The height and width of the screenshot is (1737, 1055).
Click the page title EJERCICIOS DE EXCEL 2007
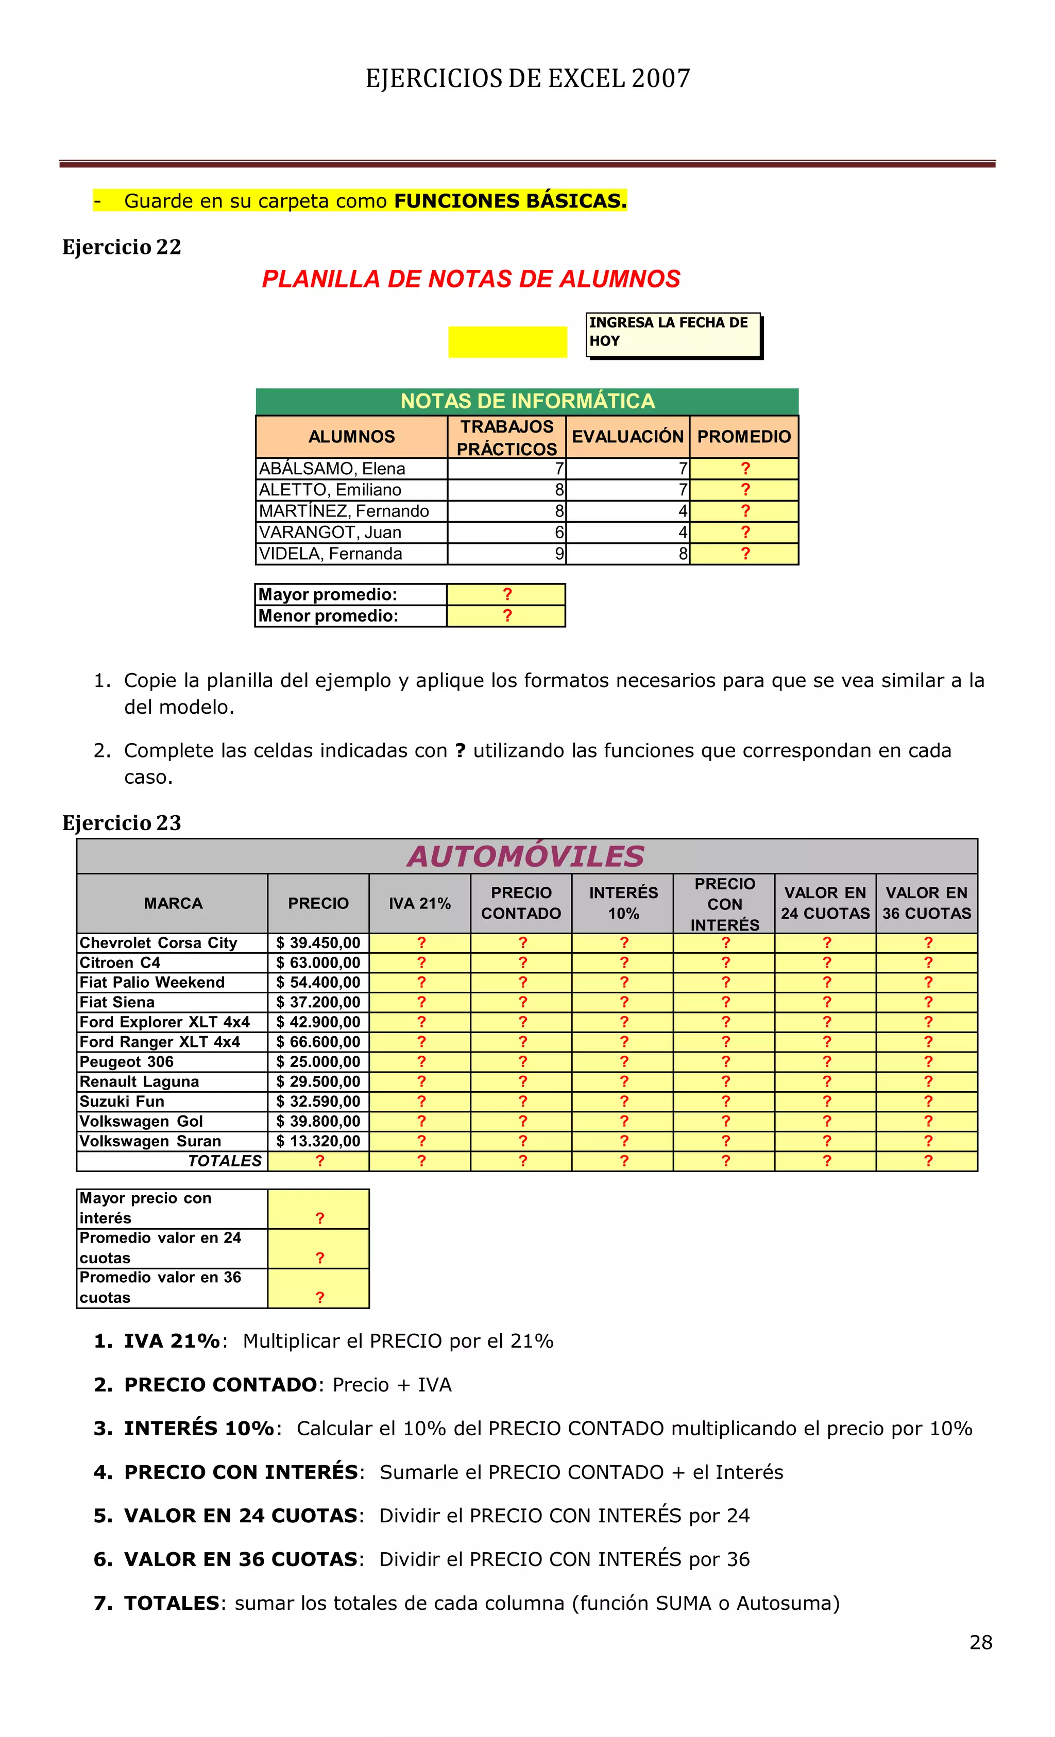(x=527, y=78)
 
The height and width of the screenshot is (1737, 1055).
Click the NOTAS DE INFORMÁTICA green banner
(x=527, y=401)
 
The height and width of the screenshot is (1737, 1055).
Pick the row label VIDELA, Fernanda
(x=330, y=554)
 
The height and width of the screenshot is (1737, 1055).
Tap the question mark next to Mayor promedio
(x=506, y=594)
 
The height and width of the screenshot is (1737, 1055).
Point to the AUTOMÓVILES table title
(x=525, y=856)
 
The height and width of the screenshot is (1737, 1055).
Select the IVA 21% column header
(x=420, y=903)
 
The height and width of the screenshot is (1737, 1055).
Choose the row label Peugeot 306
(x=127, y=1062)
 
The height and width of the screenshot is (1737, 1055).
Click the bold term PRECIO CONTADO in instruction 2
(x=220, y=1385)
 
